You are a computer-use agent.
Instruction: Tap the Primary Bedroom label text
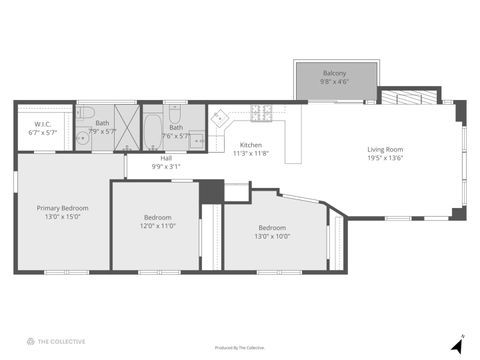click(x=63, y=208)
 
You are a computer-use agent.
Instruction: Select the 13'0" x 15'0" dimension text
click(x=63, y=217)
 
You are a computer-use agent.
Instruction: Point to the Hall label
click(x=164, y=158)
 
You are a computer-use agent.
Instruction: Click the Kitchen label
click(x=250, y=145)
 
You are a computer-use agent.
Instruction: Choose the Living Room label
click(x=385, y=149)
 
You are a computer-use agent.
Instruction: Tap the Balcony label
click(x=334, y=73)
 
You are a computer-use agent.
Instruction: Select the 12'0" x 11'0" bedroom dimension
click(x=158, y=226)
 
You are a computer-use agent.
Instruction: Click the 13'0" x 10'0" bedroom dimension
click(x=272, y=236)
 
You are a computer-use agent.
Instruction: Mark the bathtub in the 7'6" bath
click(x=153, y=129)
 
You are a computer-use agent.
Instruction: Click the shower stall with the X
click(x=126, y=128)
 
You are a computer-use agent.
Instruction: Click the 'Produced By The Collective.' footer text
click(x=240, y=348)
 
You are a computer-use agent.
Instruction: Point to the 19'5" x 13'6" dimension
click(x=385, y=158)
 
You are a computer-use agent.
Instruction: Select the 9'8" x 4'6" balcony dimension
click(x=334, y=82)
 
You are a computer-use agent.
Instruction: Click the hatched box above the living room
click(x=411, y=98)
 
